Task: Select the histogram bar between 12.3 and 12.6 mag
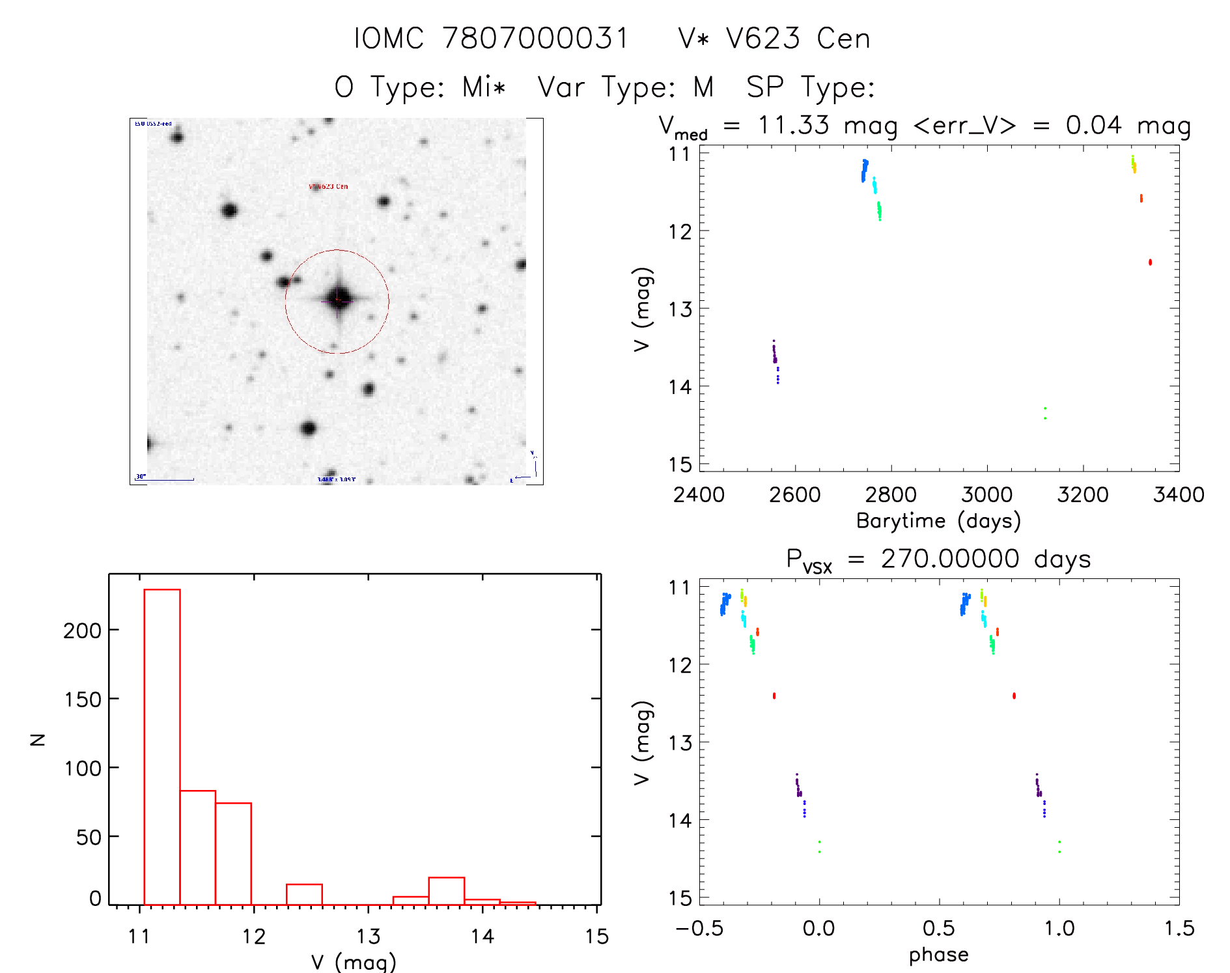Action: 304,894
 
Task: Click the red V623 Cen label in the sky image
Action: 329,186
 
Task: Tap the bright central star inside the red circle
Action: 338,300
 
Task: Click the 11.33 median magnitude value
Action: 793,125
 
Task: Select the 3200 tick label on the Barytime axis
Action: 1082,495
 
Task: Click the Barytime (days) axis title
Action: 938,521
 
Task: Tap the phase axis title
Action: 938,955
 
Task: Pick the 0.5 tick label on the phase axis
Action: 938,928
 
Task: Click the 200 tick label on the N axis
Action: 83,630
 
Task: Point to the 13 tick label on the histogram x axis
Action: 368,937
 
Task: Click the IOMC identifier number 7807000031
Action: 535,38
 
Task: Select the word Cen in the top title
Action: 844,38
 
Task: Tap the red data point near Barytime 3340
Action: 1150,262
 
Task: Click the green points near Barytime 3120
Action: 1045,413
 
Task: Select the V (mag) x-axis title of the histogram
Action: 354,962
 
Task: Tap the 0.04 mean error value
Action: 1093,125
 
